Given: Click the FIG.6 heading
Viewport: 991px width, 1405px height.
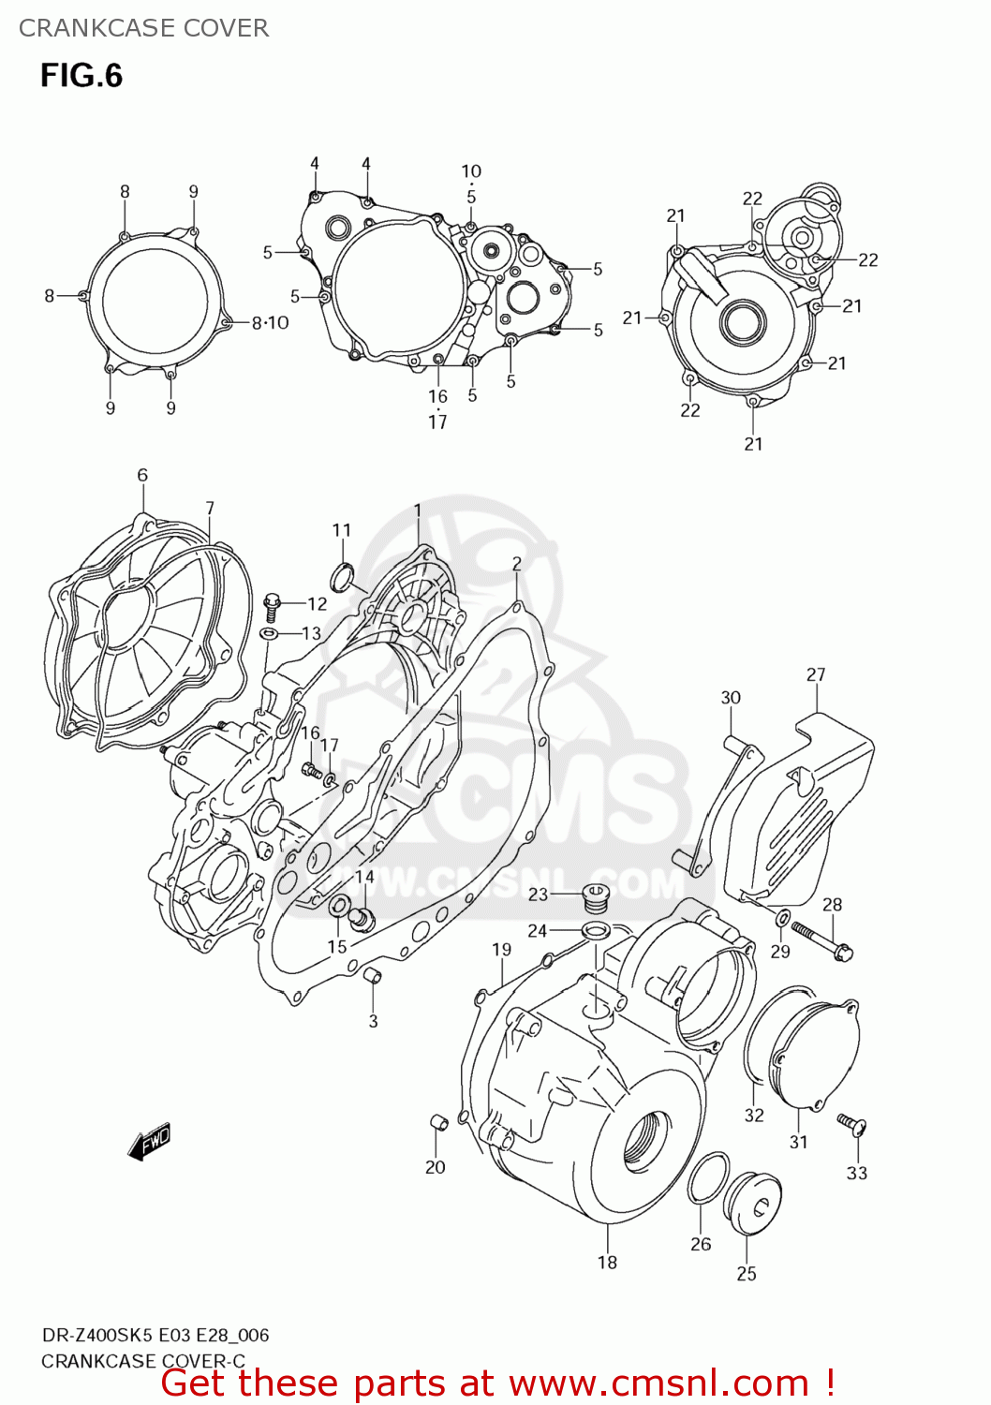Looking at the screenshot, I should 81,76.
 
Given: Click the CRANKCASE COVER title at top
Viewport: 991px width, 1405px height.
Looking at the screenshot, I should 143,28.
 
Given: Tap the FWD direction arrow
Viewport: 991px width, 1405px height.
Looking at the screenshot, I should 150,1142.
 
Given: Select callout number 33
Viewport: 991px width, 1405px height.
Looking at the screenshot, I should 856,1173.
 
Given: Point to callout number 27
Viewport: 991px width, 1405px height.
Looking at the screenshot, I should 816,674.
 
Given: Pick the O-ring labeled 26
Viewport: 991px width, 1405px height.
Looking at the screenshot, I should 708,1180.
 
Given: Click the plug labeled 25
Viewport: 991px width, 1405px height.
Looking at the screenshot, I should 754,1203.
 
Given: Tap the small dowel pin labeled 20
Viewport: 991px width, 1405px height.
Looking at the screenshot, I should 436,1121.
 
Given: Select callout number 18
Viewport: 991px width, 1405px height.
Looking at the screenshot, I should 607,1262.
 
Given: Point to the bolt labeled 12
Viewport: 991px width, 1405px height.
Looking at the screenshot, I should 273,605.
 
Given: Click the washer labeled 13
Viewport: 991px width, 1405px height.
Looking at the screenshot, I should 269,634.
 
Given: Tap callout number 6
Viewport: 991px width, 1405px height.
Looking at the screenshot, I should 142,475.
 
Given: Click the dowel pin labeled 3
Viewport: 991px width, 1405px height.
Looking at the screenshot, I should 372,977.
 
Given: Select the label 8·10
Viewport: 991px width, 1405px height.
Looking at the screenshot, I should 270,322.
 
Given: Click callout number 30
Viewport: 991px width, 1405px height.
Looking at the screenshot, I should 731,697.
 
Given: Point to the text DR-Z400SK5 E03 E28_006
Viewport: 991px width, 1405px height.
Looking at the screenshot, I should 155,1335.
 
